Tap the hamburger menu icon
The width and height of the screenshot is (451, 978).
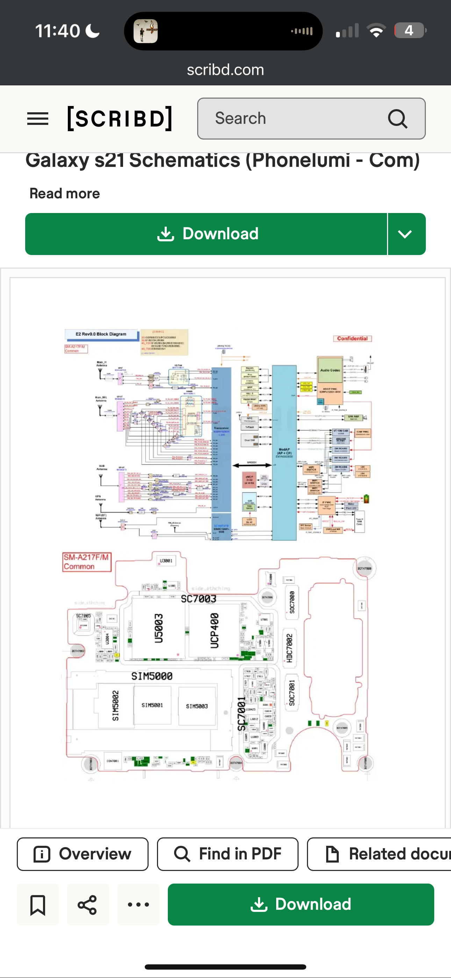coord(38,119)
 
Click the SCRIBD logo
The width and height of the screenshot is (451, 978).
coord(120,119)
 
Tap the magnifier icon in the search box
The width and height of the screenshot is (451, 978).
coord(398,119)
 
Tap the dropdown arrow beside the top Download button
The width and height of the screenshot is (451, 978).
coord(406,234)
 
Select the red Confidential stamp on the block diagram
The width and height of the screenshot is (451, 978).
coord(352,338)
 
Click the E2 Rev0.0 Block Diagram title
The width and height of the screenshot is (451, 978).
coord(101,334)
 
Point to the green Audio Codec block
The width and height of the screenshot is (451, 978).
coord(330,370)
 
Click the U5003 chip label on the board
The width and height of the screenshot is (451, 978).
coord(159,628)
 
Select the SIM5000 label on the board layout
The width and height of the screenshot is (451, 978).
coord(152,676)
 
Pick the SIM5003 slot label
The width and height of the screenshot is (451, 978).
coord(196,706)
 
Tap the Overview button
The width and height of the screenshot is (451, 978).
coord(83,854)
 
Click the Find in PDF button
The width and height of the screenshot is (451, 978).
coord(228,854)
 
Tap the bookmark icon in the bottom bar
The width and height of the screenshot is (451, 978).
coord(38,905)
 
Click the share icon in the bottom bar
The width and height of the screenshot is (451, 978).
coord(88,905)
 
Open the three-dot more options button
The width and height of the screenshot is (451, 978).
coord(138,905)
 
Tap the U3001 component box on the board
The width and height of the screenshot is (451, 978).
coord(166,561)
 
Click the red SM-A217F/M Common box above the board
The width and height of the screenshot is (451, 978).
coord(87,562)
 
